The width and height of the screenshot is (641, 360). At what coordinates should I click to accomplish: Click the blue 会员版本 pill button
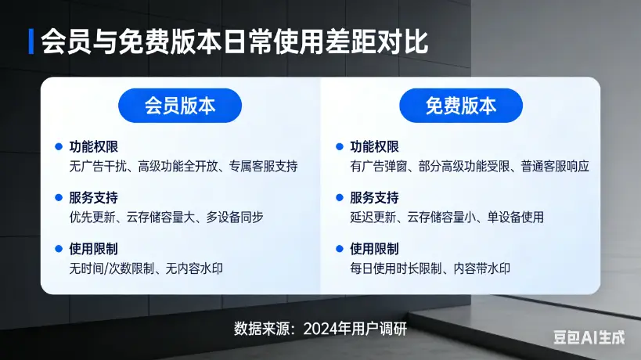(x=180, y=106)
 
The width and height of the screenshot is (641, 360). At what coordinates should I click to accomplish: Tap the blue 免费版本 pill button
(x=461, y=106)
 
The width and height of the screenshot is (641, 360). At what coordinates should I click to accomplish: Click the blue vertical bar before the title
(x=31, y=41)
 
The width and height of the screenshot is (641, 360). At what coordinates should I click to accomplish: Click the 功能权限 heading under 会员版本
(x=93, y=146)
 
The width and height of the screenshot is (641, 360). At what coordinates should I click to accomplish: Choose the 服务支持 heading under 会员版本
(x=93, y=197)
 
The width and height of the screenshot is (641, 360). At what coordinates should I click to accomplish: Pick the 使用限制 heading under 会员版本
(x=93, y=249)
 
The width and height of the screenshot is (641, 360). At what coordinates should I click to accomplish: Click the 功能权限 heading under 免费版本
(x=374, y=146)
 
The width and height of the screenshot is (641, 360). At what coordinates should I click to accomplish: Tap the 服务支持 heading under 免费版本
(x=374, y=197)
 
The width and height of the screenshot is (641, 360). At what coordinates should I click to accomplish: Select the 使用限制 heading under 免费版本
(x=374, y=249)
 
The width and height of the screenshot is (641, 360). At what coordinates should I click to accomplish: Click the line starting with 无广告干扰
(x=183, y=166)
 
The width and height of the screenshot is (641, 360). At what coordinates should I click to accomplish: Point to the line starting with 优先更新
(x=166, y=217)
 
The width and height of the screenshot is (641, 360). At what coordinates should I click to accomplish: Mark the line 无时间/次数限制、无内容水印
(x=146, y=268)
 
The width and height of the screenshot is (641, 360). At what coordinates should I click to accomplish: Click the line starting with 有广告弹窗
(x=469, y=166)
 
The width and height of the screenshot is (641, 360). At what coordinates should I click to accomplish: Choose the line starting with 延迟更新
(x=447, y=217)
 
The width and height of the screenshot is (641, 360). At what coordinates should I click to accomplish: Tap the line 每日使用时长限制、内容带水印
(x=430, y=268)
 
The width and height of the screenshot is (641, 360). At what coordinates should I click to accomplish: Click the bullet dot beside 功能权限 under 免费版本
(x=340, y=146)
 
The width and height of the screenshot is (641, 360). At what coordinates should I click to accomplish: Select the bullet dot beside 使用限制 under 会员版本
(x=59, y=249)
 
